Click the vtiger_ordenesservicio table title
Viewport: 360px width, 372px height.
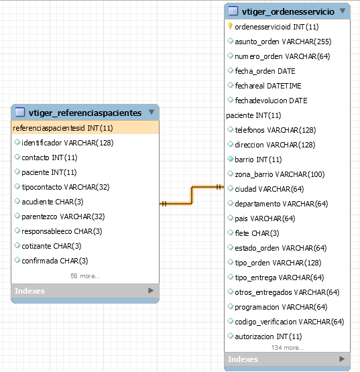coord(288,11)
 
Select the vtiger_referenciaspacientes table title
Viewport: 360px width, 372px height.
coord(85,113)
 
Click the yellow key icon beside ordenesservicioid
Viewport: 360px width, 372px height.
coord(230,26)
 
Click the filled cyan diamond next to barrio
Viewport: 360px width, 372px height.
coord(230,159)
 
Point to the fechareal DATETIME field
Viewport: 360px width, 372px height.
coord(268,86)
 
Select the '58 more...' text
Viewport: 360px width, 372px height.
coord(85,276)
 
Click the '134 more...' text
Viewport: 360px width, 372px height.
coord(288,348)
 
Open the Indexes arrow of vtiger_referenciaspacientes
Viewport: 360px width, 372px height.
coord(151,291)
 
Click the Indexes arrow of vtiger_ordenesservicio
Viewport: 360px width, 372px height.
coord(342,359)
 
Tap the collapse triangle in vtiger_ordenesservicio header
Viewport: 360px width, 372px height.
coord(343,11)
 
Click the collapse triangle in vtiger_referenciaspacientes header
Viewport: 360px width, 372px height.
coord(152,112)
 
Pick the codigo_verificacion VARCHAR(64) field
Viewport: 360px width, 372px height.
coord(290,322)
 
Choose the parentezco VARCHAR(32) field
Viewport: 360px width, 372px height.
coord(63,216)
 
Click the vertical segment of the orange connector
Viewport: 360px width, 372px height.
coord(192,195)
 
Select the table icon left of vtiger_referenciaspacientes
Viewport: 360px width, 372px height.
coord(20,112)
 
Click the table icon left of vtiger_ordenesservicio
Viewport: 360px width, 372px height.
coord(233,11)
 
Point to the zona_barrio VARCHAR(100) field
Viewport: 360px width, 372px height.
coord(280,174)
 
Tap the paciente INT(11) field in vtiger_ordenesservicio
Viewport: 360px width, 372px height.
coord(253,115)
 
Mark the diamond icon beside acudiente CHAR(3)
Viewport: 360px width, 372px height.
coord(17,201)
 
